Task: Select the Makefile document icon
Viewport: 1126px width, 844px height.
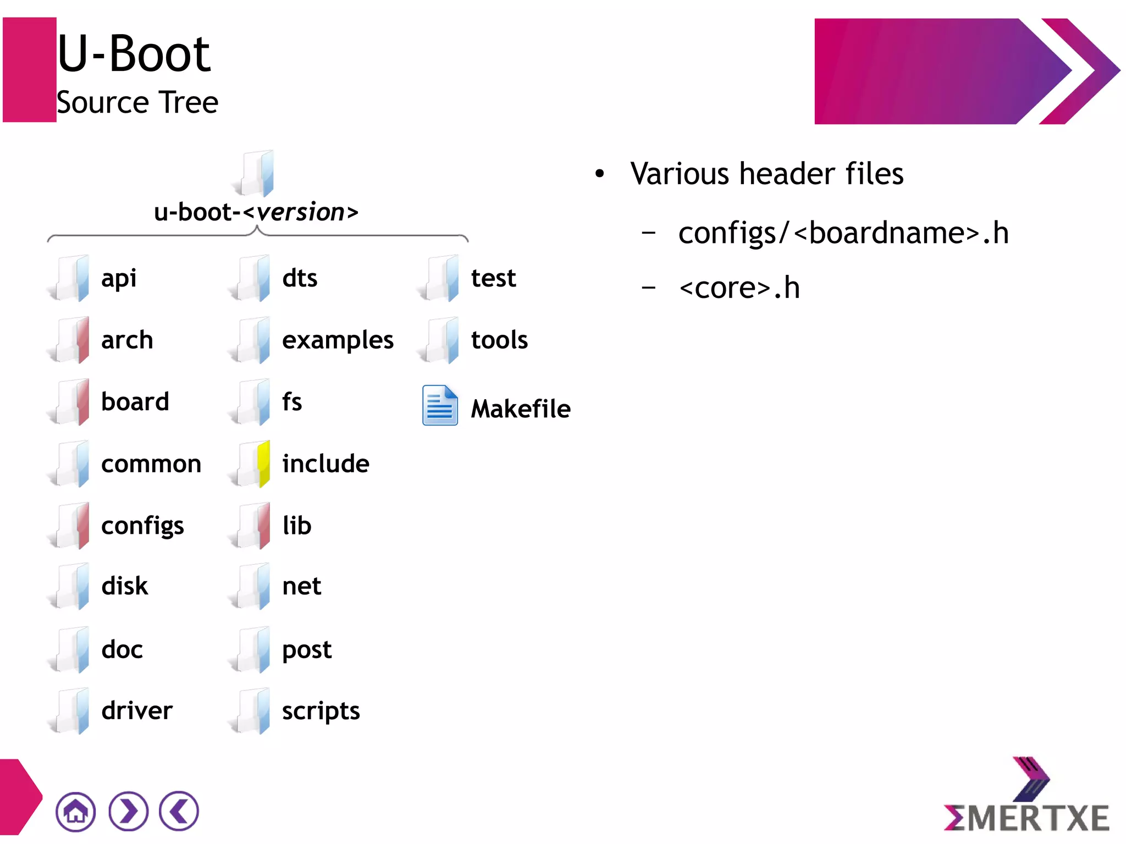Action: click(439, 406)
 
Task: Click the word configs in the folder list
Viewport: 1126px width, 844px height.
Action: click(142, 526)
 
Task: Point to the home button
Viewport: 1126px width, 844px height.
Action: click(75, 812)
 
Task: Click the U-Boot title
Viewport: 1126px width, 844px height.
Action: click(134, 54)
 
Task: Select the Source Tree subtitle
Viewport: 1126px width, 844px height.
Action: click(137, 103)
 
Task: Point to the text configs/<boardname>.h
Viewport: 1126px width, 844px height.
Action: click(843, 233)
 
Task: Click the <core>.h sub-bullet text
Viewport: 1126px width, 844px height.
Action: click(739, 288)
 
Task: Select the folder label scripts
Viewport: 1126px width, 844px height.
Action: click(321, 711)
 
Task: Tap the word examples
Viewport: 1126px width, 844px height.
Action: click(338, 340)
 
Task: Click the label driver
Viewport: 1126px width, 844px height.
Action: click(137, 711)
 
